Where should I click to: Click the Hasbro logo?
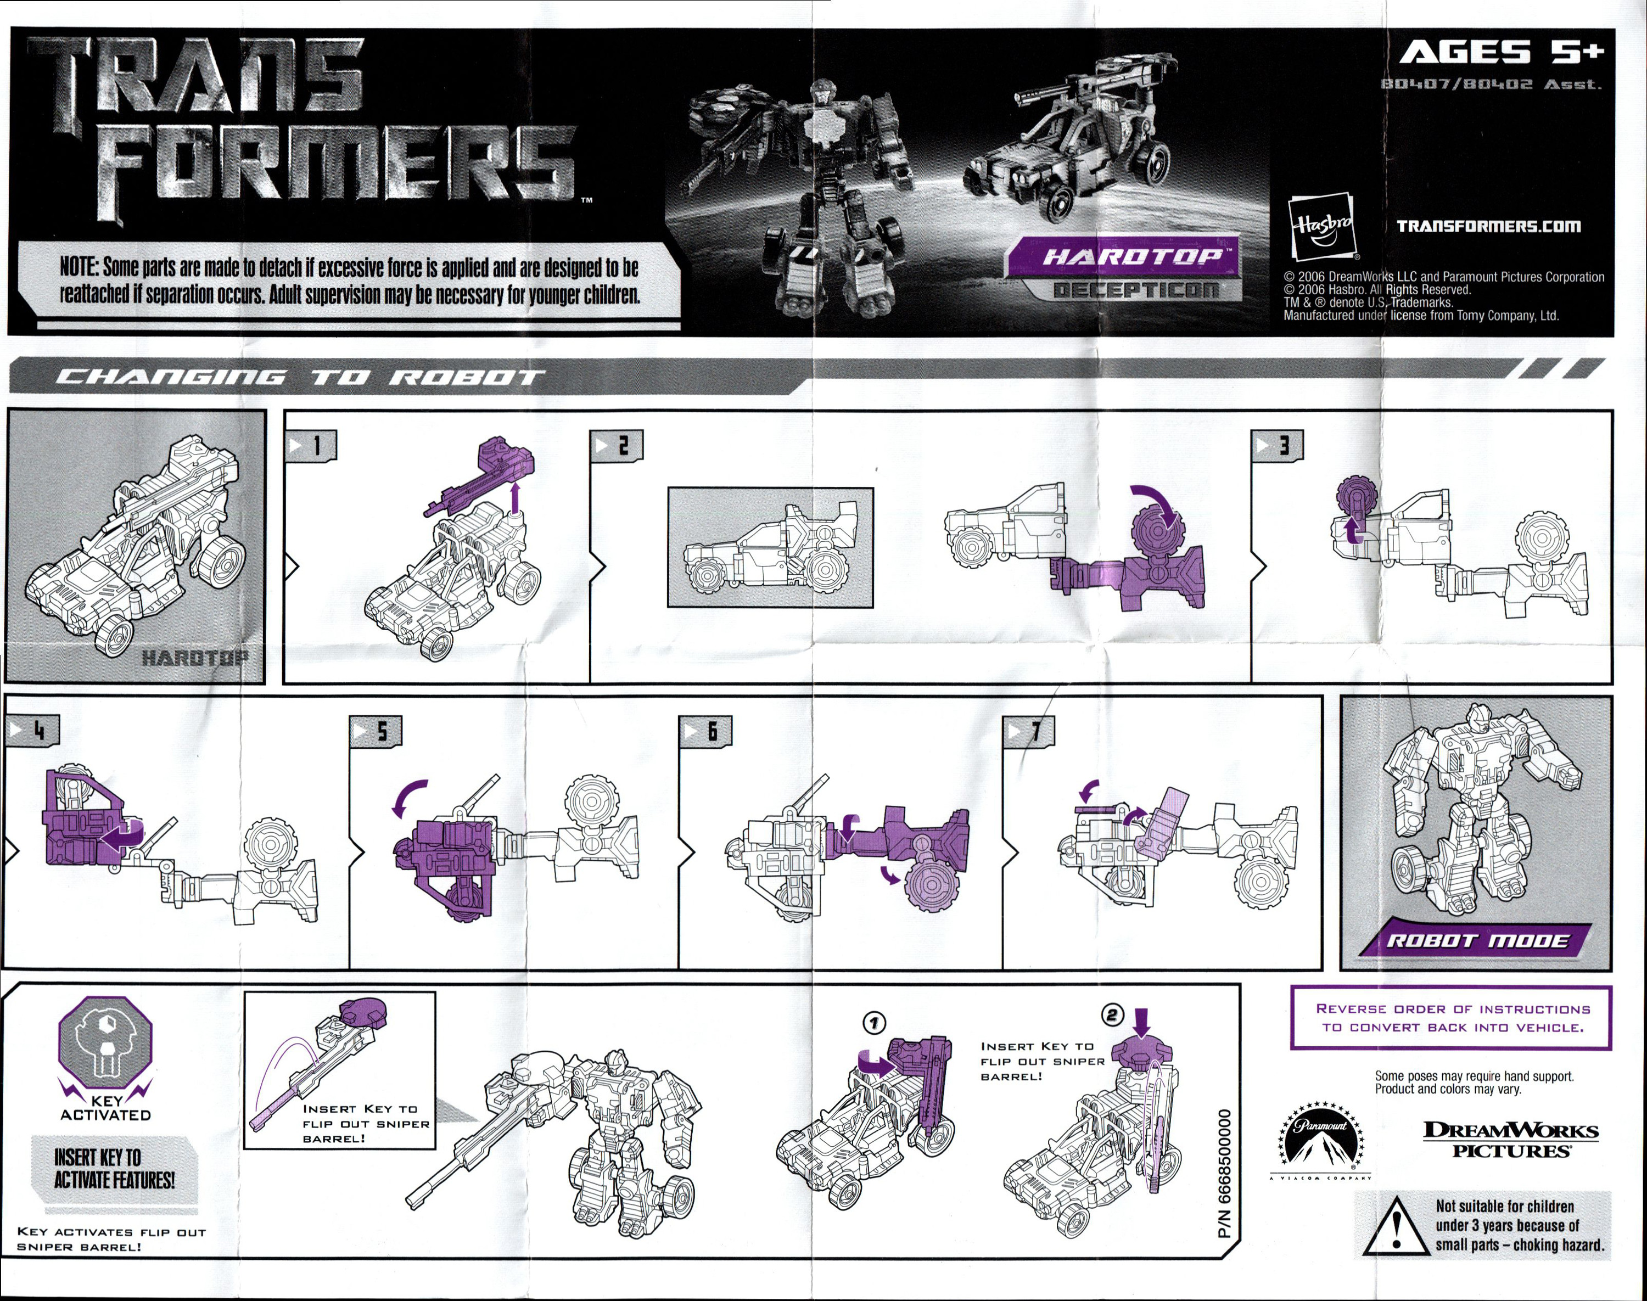[x=1321, y=227]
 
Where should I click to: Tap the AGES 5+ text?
[x=1502, y=53]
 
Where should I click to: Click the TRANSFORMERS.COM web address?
[x=1488, y=226]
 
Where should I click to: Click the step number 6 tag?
[x=705, y=731]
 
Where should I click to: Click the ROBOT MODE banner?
[x=1476, y=940]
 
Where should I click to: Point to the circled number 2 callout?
[x=1113, y=1014]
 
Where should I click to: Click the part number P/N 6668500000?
[x=1224, y=1173]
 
